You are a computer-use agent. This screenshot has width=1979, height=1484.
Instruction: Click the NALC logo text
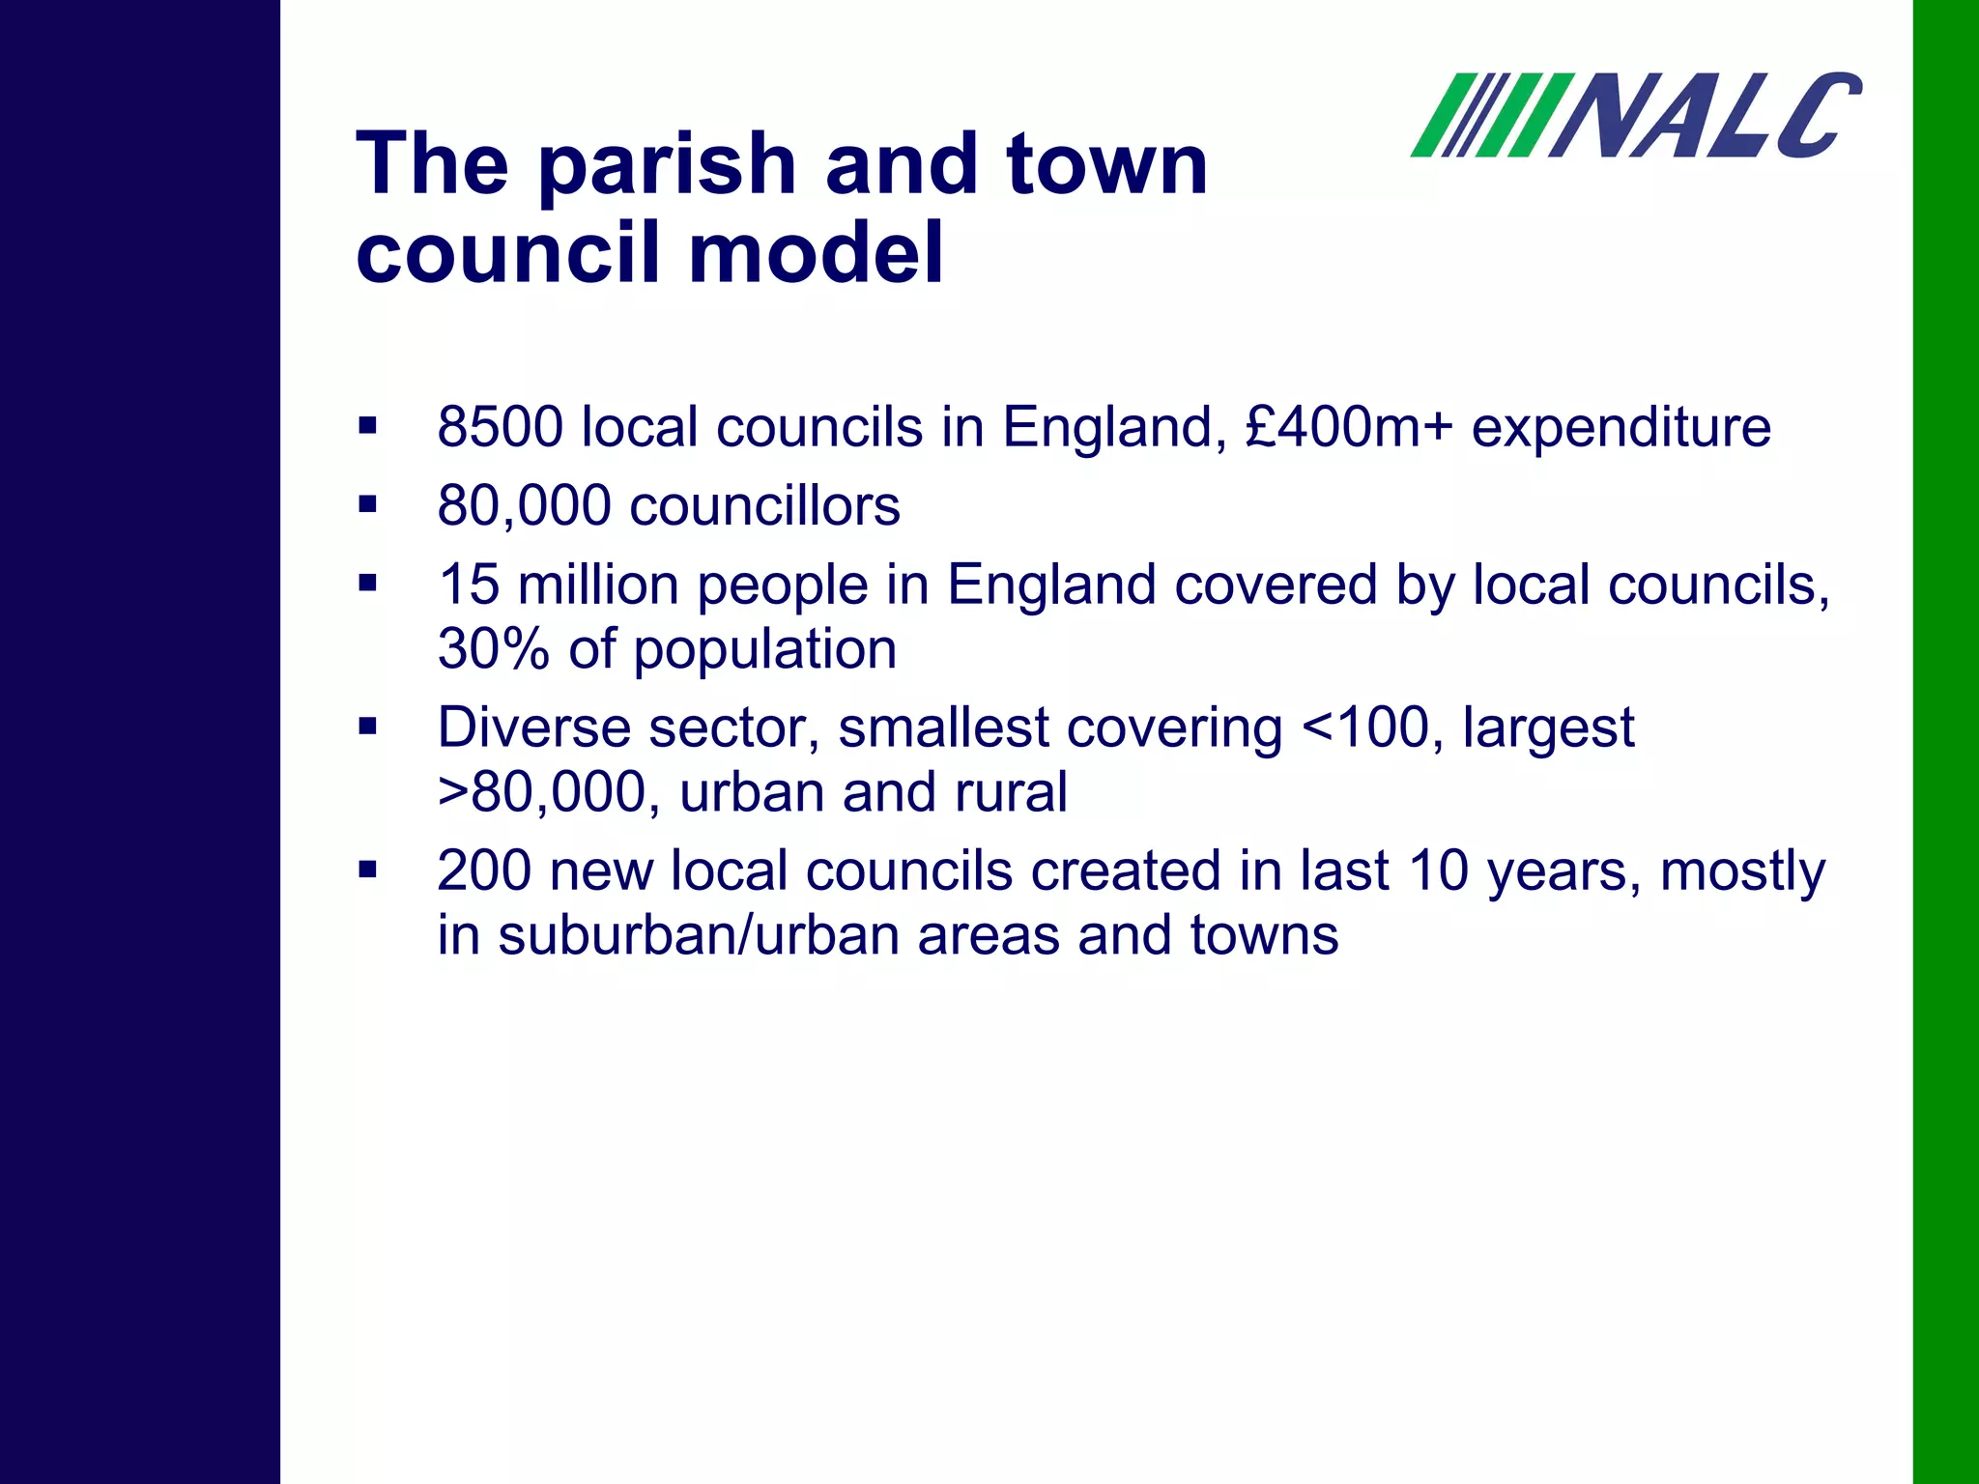[x=1706, y=116]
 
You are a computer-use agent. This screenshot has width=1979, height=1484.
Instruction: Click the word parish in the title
[x=667, y=164]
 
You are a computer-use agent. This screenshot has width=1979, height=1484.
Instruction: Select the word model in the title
[x=816, y=253]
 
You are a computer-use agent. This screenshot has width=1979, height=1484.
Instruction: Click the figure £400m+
[x=1349, y=427]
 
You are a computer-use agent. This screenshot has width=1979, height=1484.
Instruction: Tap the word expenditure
[x=1620, y=427]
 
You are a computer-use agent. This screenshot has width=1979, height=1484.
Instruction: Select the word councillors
[x=764, y=506]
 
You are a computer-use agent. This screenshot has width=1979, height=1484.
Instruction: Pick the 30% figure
[x=493, y=649]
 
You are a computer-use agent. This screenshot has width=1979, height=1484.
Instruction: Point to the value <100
[x=1364, y=728]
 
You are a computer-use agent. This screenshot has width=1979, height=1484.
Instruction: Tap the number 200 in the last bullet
[x=484, y=871]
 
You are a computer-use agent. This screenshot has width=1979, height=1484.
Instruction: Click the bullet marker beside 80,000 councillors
[x=367, y=504]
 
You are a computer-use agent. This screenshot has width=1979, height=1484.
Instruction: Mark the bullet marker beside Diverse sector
[x=367, y=726]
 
